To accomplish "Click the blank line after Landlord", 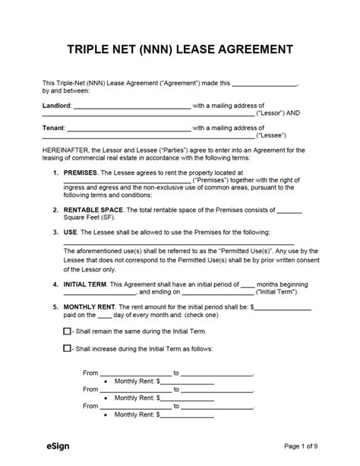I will [133, 106].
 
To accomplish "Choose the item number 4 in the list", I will [54, 284].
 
